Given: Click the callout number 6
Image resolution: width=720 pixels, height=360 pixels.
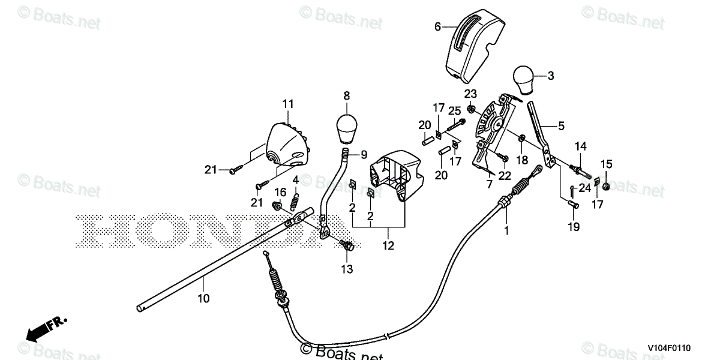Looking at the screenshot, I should point(437,26).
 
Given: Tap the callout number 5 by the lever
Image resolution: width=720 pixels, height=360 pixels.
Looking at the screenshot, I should point(561,125).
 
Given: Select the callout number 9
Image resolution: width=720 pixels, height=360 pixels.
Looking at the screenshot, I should point(364,154).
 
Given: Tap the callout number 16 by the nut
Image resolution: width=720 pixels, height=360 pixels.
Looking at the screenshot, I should point(279,191).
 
